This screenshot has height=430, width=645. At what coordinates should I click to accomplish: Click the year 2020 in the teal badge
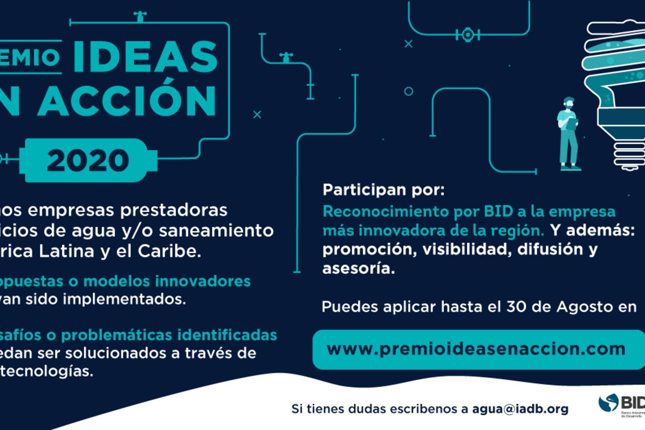88,160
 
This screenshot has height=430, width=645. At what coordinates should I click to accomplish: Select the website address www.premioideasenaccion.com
476,349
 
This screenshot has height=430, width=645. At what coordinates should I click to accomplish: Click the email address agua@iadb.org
520,408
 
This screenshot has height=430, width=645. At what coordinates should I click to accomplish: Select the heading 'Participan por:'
383,190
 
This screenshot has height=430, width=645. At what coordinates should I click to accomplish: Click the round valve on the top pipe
467,34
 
